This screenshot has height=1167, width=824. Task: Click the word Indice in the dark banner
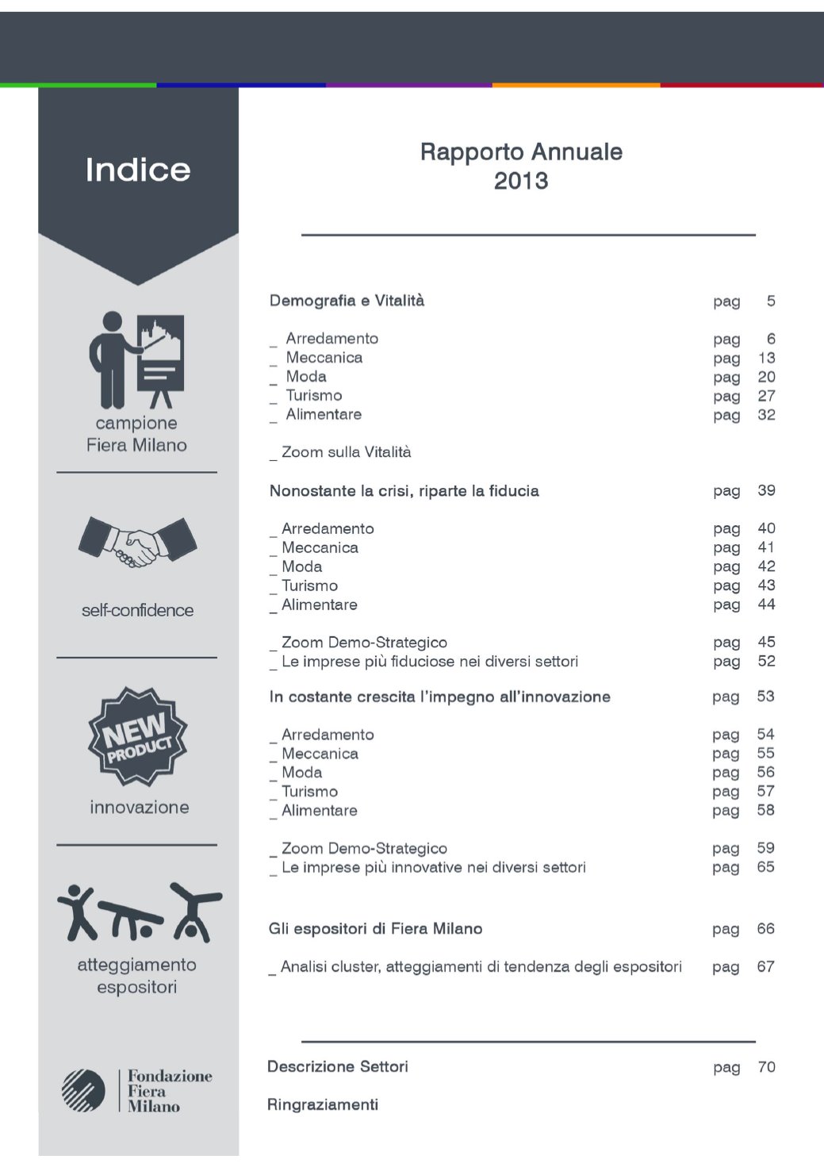(x=138, y=170)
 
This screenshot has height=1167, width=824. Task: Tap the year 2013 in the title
(x=521, y=181)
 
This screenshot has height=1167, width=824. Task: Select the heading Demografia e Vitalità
(x=347, y=301)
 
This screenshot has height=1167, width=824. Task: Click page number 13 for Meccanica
(x=766, y=358)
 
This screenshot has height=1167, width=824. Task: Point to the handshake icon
(x=138, y=542)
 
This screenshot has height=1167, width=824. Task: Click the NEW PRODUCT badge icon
(x=138, y=736)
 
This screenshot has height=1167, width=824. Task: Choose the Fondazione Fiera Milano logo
(x=138, y=1090)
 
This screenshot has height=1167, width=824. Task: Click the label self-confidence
(x=137, y=610)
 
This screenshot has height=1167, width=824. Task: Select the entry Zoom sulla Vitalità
(x=346, y=452)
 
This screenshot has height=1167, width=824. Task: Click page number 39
(x=766, y=490)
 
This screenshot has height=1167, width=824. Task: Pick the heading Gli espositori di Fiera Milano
(x=375, y=929)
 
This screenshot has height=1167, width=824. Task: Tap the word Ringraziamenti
(x=323, y=1104)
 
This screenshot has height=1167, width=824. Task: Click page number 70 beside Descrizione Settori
(x=766, y=1067)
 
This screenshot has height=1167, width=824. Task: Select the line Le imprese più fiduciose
(x=429, y=662)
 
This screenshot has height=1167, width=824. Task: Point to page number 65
(x=765, y=867)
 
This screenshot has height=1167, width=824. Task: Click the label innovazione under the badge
(x=140, y=807)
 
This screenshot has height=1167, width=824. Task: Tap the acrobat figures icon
(x=139, y=912)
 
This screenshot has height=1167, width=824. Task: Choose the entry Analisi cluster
(x=481, y=967)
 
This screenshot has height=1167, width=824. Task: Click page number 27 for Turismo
(x=766, y=396)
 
